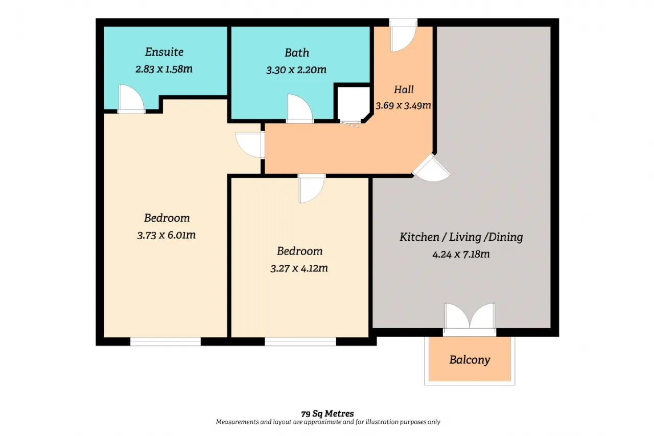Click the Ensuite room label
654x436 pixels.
click(x=165, y=52)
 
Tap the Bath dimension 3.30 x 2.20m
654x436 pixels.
click(x=296, y=70)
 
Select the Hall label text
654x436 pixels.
click(x=404, y=89)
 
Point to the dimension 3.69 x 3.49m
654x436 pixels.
click(x=403, y=105)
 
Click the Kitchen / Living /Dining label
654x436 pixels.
click(x=461, y=237)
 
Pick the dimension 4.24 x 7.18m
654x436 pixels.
click(x=461, y=254)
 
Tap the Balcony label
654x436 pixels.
click(x=470, y=360)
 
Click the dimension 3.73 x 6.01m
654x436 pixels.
click(x=167, y=235)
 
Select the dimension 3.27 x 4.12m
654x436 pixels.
click(x=299, y=268)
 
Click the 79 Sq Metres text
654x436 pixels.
click(x=328, y=414)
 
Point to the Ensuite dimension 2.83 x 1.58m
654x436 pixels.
click(x=164, y=69)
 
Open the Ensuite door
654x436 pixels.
click(x=131, y=99)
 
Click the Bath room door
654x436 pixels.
click(x=300, y=108)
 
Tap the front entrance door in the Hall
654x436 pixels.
click(x=403, y=36)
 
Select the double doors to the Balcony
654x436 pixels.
click(x=470, y=319)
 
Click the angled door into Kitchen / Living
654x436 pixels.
click(x=432, y=168)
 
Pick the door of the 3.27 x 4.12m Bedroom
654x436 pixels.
click(x=312, y=189)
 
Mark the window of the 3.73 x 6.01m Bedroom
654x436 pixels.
click(x=166, y=341)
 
